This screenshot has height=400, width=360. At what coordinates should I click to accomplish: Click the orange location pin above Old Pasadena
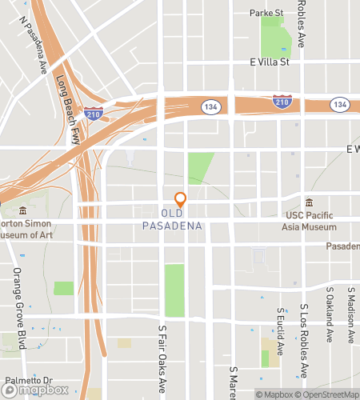coord(181,200)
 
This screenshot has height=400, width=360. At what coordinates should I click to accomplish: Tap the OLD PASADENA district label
coord(173,220)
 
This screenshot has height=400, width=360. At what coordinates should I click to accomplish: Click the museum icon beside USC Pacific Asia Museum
coord(310,202)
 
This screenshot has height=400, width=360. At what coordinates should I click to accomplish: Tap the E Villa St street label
coord(268,61)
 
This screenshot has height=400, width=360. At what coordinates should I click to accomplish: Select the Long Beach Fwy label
coord(72,103)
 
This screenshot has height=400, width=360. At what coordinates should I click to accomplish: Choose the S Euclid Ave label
coord(280,331)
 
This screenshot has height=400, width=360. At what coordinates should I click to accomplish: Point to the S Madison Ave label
coord(350,314)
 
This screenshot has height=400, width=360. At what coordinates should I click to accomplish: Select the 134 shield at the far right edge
coord(340,105)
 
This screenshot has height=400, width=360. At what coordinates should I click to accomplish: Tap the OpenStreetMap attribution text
coord(328,394)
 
